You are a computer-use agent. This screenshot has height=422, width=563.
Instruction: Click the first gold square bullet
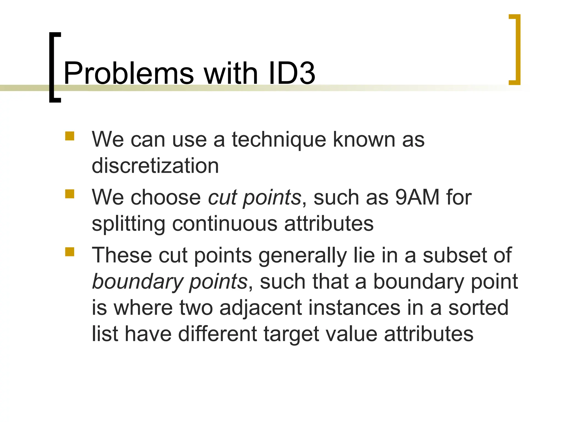[x=70, y=136]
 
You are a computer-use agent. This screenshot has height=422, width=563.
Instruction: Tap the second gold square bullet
[x=70, y=194]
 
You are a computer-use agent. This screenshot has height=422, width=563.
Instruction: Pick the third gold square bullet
[x=70, y=252]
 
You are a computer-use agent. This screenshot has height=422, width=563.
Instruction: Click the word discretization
[x=155, y=166]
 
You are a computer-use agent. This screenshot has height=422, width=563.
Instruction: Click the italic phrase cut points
[x=255, y=198]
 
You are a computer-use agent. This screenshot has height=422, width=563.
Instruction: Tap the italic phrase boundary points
[x=170, y=282]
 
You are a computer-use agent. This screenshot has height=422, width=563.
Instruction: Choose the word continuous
[x=225, y=224]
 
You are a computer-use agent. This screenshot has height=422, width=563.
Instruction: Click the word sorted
[x=478, y=308]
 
